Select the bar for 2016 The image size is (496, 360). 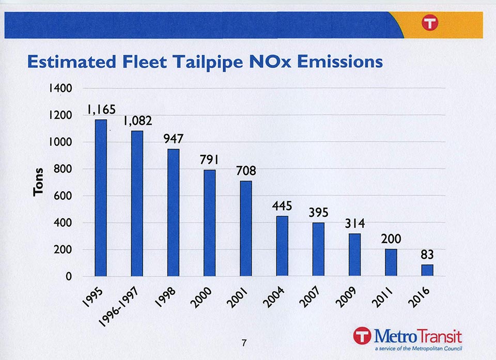coord(427,270)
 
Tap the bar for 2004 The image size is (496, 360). coord(282,246)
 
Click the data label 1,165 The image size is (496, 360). coord(101,109)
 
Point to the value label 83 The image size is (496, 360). coord(427,255)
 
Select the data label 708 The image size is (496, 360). coord(246,171)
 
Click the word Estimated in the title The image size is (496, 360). coord(66,62)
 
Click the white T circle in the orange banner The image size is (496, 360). coord(429,23)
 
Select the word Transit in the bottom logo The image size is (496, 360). coord(440,336)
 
